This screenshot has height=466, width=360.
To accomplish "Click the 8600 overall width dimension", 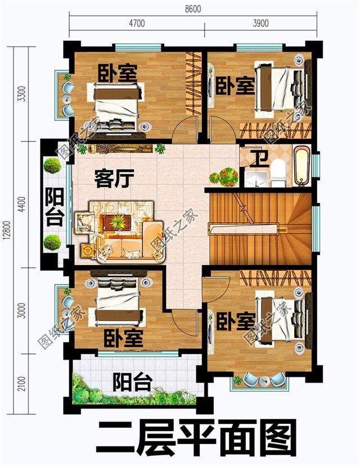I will (191, 10).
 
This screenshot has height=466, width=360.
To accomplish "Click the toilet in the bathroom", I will (278, 171).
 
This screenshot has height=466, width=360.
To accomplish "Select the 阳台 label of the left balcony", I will (54, 207).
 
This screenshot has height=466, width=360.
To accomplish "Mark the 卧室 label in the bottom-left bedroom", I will (123, 338).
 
